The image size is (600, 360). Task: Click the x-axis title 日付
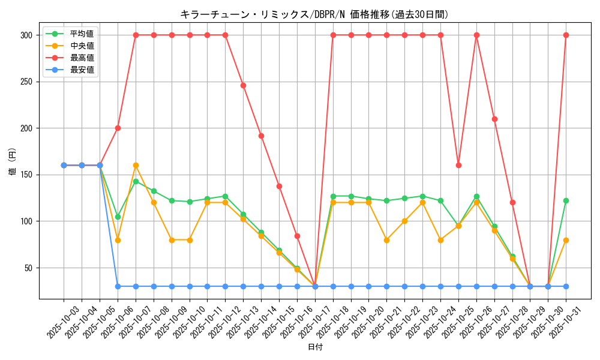pos(315,347)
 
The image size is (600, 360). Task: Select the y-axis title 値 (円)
pos(13,163)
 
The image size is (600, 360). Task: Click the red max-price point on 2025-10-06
pos(118,128)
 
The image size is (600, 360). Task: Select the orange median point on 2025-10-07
pos(136,165)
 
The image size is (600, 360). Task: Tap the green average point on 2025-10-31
pos(566,200)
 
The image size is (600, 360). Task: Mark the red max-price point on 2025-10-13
pos(243,85)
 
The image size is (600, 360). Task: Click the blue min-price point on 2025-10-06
pos(118,286)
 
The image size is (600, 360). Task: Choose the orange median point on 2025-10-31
pos(566,240)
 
